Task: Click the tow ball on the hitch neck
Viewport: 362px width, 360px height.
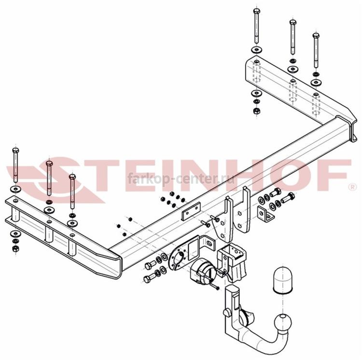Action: point(283,322)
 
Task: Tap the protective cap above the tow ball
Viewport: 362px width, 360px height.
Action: point(282,279)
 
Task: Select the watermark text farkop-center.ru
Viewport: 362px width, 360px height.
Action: point(181,179)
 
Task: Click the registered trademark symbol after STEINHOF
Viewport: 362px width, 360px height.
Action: point(353,187)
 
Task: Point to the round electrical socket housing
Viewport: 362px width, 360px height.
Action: point(203,271)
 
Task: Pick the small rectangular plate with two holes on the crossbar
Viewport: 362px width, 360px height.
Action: point(192,211)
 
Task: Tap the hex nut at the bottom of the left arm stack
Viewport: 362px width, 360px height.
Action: point(15,249)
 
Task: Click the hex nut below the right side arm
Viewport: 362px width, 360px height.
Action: point(256,111)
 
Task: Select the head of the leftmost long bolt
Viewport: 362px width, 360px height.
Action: point(15,151)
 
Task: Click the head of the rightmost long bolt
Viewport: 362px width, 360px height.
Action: point(316,36)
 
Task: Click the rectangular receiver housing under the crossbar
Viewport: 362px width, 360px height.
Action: point(232,262)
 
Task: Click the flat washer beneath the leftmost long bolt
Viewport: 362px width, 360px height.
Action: point(15,189)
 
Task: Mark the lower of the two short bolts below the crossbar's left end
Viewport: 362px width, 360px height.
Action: point(149,278)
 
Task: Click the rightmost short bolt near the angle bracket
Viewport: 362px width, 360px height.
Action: point(288,197)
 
